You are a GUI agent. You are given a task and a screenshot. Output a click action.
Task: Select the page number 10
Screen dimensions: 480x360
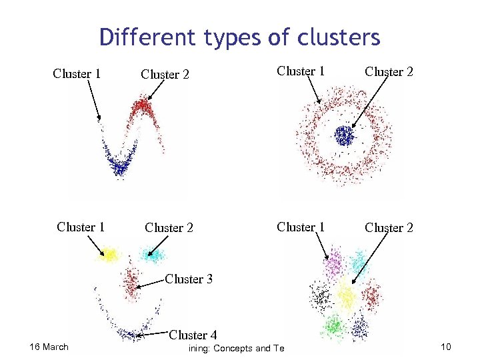pos(446,347)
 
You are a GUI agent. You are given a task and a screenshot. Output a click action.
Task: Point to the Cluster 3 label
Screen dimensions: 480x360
pos(189,279)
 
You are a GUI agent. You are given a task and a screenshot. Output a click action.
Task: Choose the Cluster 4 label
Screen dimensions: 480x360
pos(193,334)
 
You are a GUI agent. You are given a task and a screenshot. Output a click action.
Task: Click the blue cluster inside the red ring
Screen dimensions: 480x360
pos(344,136)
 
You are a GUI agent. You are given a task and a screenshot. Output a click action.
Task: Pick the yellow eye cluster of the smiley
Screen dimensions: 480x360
pos(109,254)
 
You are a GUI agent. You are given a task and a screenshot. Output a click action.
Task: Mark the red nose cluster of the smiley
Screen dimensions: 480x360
pos(131,279)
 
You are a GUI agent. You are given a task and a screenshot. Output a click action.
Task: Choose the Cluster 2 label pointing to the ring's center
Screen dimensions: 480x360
pos(389,71)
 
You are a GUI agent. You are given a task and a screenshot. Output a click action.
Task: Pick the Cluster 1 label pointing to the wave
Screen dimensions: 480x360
pos(77,73)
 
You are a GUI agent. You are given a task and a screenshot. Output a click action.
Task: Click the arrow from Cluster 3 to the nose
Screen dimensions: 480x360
pos(151,283)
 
